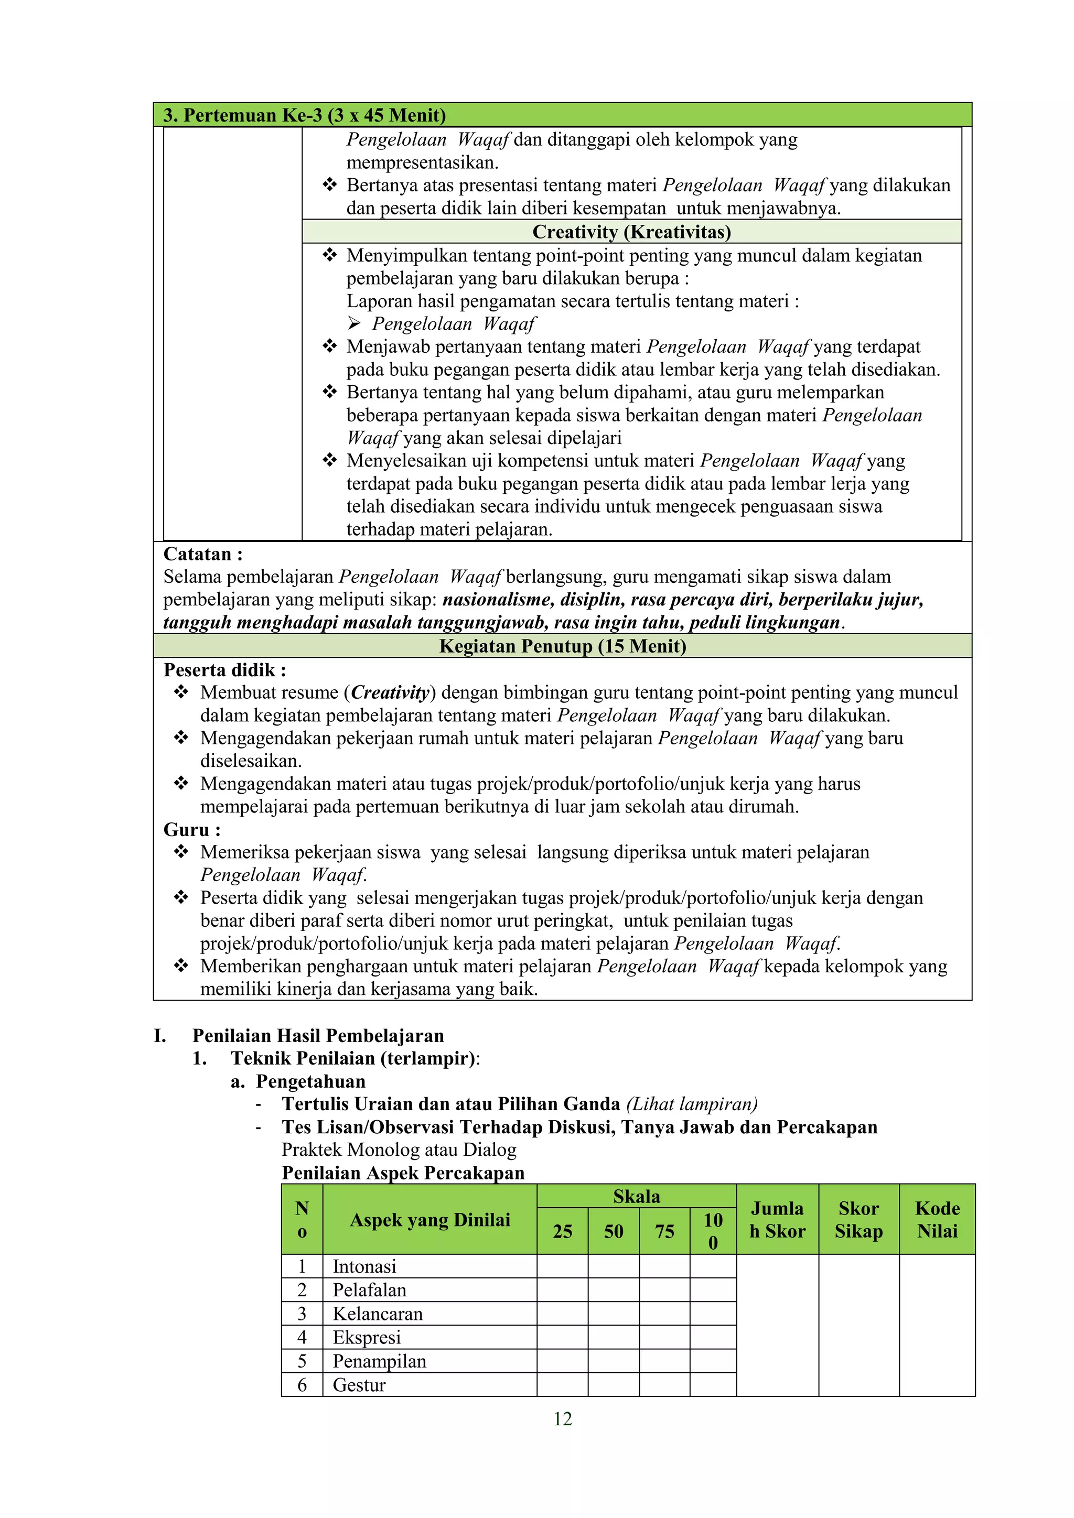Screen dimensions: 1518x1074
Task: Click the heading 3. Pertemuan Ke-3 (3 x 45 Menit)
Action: pyautogui.click(x=304, y=115)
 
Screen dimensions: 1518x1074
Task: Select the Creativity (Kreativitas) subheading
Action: pyautogui.click(x=631, y=232)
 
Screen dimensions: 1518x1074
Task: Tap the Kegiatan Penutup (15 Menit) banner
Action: pyautogui.click(x=562, y=646)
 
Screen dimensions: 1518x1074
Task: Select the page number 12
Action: pyautogui.click(x=562, y=1419)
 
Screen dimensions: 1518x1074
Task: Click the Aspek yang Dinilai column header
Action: pyautogui.click(x=430, y=1220)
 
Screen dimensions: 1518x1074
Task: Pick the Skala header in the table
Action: pyautogui.click(x=636, y=1197)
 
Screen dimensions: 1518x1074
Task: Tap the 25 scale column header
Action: pyautogui.click(x=562, y=1232)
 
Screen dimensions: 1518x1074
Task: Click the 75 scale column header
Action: pyautogui.click(x=664, y=1232)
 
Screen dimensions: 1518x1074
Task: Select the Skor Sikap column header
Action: pyautogui.click(x=858, y=1220)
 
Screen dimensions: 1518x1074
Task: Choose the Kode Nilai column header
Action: pyautogui.click(x=937, y=1220)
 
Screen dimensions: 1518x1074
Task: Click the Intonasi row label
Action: pyautogui.click(x=364, y=1267)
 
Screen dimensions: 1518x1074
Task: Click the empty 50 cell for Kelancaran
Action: pyautogui.click(x=613, y=1314)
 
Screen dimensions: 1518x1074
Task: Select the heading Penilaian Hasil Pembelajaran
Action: pyautogui.click(x=317, y=1035)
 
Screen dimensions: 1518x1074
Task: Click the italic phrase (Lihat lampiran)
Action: pyautogui.click(x=691, y=1104)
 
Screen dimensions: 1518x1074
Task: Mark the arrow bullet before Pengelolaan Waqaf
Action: pyautogui.click(x=355, y=323)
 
